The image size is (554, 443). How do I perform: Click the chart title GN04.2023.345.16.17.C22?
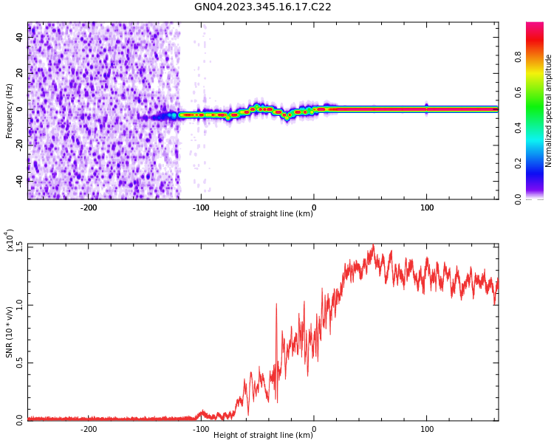click(x=262, y=7)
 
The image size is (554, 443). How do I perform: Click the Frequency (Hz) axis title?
click(x=10, y=111)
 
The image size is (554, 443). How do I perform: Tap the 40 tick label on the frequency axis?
click(x=19, y=38)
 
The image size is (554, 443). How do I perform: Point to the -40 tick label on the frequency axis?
click(x=18, y=180)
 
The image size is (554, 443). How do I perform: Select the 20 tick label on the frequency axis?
click(x=19, y=73)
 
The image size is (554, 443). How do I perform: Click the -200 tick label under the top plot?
click(x=89, y=207)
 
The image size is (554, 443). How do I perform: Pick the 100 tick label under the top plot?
click(x=426, y=207)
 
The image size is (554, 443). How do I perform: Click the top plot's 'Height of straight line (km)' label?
click(x=263, y=214)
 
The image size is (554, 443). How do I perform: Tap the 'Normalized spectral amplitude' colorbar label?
click(x=549, y=111)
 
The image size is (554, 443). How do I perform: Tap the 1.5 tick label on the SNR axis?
click(x=19, y=246)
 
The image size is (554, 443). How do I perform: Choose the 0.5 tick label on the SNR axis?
click(x=19, y=363)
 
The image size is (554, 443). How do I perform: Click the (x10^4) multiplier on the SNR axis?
click(x=10, y=241)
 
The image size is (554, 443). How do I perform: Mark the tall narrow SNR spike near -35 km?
click(x=276, y=303)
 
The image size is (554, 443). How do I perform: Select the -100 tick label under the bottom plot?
click(x=201, y=429)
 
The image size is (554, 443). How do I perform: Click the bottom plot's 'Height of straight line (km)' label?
click(x=263, y=436)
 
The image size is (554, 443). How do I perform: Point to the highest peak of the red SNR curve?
click(x=373, y=246)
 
